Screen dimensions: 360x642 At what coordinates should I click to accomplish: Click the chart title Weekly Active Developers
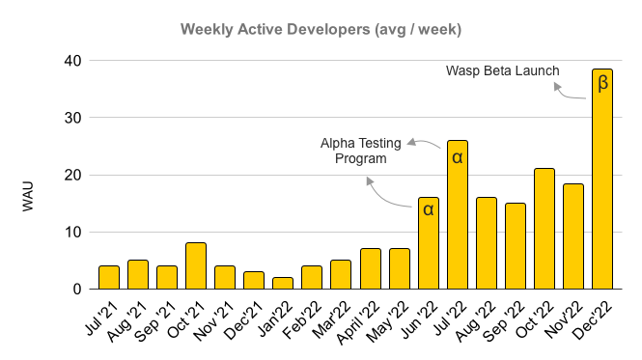click(321, 29)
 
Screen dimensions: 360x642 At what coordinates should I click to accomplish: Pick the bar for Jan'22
click(283, 283)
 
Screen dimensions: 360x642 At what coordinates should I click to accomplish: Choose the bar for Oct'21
click(196, 265)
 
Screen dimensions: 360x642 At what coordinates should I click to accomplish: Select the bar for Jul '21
click(109, 277)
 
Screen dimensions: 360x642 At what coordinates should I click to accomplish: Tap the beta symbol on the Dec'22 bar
click(602, 84)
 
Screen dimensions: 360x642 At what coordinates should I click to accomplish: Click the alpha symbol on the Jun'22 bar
click(428, 209)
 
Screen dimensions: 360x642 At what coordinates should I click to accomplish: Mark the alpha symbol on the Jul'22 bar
click(457, 155)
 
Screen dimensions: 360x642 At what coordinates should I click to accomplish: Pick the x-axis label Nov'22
click(560, 314)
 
